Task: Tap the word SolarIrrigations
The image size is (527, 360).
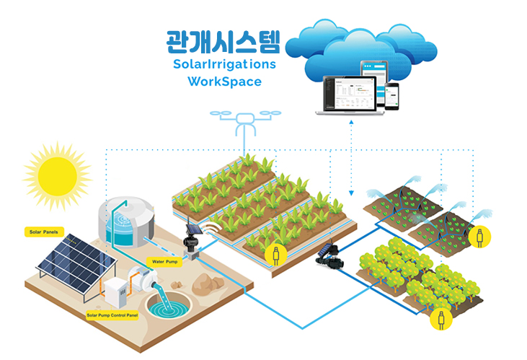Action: pos(224,64)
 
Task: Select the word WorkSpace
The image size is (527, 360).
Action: pos(224,82)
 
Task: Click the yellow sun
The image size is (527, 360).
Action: pos(56,176)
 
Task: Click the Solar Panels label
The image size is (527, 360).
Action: pos(43,232)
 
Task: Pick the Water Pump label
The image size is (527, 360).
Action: pos(163,260)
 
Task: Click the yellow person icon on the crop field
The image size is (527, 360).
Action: pos(274,253)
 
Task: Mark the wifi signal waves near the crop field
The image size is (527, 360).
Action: pos(212,229)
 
